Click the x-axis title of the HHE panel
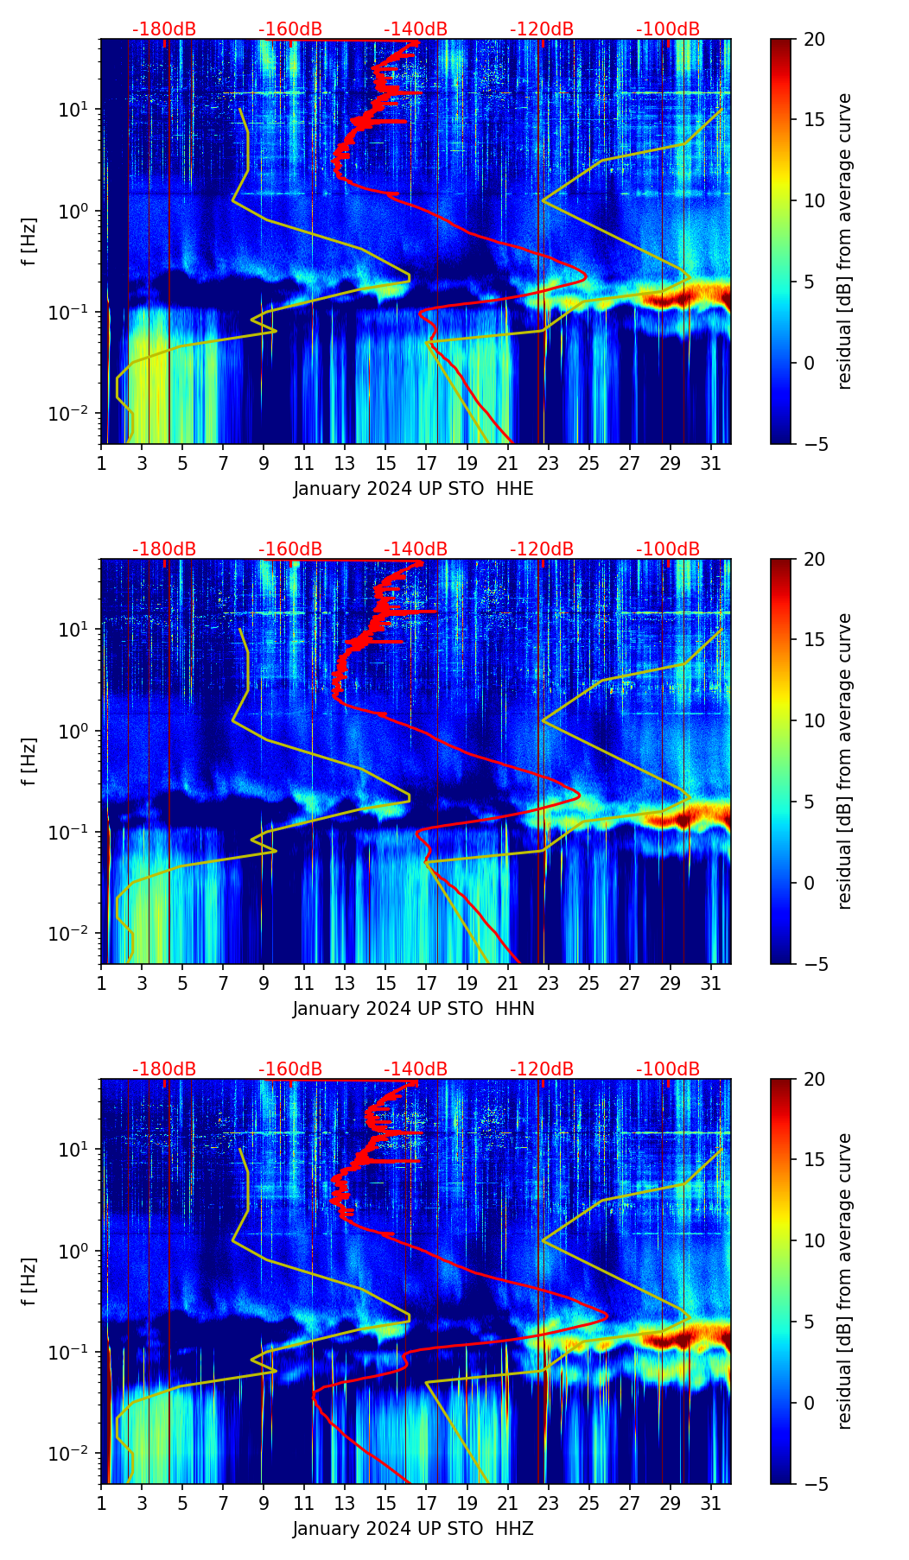413,489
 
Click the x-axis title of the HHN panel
413,1009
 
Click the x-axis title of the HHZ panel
413,1529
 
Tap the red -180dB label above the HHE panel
164,29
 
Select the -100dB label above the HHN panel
668,549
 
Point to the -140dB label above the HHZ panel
416,1069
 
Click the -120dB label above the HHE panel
542,29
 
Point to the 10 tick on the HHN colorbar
814,720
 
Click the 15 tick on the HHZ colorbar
814,1160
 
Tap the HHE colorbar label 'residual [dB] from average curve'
844,241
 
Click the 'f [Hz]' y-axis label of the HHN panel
29,761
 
